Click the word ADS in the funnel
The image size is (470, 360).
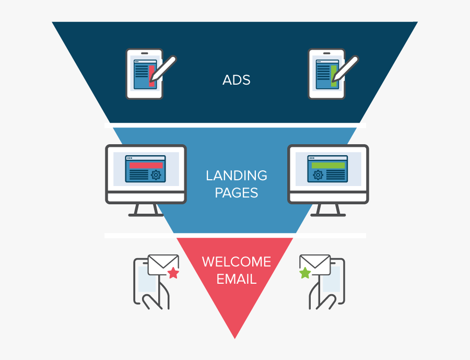[236, 80]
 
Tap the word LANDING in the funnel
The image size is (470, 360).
[236, 176]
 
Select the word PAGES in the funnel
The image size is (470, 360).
[236, 193]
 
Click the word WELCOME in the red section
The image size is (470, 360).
[236, 261]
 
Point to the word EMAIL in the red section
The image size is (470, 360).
[236, 279]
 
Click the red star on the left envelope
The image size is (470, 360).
[173, 273]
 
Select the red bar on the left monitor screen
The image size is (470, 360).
[146, 165]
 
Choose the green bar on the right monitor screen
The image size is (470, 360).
[328, 165]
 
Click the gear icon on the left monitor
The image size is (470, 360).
[156, 175]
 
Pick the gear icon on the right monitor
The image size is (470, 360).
[318, 175]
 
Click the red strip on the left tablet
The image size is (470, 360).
[151, 75]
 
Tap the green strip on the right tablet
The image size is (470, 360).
[333, 75]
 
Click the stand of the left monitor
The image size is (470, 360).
[146, 210]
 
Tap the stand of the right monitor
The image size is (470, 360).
[328, 210]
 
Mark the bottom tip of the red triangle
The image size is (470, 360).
[235, 336]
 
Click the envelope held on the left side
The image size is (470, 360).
[163, 264]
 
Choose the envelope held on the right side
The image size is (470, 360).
[315, 264]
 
